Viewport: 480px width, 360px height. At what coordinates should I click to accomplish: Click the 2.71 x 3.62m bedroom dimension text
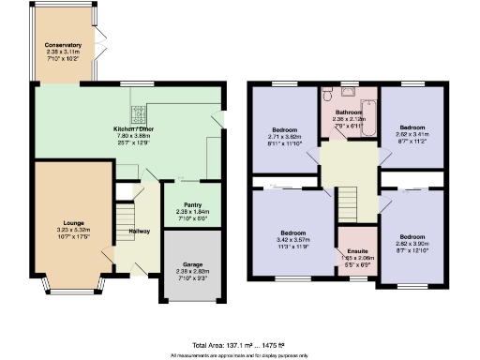point(283,135)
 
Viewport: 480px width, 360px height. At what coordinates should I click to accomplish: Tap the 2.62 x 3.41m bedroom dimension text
point(413,134)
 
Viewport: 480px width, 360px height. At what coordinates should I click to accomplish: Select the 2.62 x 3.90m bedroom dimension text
point(413,244)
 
